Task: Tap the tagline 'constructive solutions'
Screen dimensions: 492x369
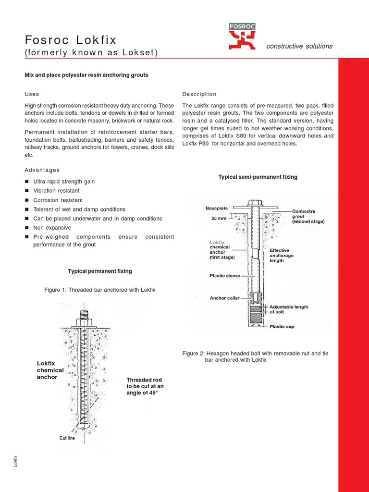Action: [299, 46]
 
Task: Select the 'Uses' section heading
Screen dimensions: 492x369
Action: [32, 94]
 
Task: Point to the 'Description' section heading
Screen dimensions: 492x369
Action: [199, 94]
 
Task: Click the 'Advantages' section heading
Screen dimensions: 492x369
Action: [42, 170]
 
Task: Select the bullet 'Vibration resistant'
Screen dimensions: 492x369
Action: [56, 191]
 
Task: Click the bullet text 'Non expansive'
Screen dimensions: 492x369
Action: [52, 228]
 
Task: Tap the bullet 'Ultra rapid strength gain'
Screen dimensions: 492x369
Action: [64, 182]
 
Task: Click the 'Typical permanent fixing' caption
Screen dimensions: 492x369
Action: [100, 271]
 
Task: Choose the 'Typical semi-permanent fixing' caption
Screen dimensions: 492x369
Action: [258, 177]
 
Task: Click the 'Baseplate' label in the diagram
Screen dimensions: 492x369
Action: [217, 209]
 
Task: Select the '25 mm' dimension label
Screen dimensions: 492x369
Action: [219, 218]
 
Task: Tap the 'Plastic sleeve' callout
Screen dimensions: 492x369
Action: [225, 276]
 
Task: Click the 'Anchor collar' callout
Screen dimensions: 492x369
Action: [224, 298]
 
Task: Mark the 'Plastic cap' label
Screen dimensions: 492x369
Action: [282, 326]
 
